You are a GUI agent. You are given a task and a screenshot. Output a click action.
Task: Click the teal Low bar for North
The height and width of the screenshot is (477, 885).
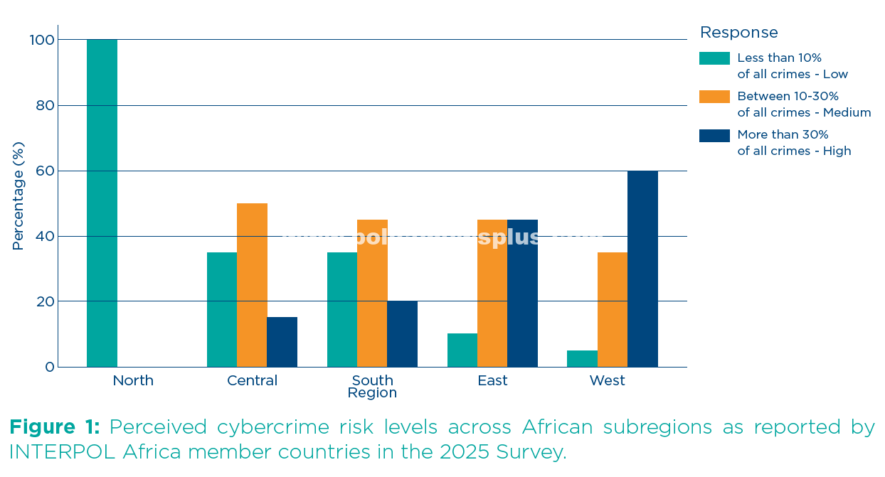pos(102,203)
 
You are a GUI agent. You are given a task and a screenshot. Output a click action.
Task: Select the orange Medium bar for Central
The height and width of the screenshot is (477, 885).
pos(252,285)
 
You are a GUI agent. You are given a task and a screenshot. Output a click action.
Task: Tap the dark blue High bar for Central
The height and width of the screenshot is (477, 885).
pos(282,342)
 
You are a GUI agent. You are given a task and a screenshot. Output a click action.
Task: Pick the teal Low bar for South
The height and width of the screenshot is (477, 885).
pos(342,309)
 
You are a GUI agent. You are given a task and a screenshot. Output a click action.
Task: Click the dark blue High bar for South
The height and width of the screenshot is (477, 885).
pos(402,334)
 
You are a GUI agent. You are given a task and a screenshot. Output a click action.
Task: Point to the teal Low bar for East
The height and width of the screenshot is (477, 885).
pos(462,350)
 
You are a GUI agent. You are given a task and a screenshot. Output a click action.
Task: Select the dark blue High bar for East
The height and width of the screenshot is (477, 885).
pos(522,293)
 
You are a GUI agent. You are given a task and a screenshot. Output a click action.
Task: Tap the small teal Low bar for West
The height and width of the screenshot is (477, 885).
pos(582,359)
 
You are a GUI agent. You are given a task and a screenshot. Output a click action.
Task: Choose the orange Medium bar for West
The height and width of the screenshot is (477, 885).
pos(613,309)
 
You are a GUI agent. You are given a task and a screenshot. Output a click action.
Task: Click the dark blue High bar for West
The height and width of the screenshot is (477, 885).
pos(642,269)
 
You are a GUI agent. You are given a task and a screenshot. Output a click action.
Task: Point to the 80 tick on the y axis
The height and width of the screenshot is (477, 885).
pos(45,105)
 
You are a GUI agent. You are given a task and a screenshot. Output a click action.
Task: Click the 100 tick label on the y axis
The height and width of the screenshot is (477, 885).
pos(41,40)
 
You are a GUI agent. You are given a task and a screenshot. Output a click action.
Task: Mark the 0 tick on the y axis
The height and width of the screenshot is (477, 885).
pos(49,367)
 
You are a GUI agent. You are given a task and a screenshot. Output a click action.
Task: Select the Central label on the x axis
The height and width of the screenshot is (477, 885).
pos(252,381)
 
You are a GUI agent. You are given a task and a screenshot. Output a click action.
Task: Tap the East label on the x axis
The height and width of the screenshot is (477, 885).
pos(492,381)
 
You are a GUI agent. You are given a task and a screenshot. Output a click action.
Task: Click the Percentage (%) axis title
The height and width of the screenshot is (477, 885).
pos(18,196)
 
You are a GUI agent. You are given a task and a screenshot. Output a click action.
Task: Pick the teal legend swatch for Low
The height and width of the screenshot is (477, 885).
pos(714,58)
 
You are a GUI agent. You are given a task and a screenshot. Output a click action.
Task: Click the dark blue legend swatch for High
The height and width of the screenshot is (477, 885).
pos(714,135)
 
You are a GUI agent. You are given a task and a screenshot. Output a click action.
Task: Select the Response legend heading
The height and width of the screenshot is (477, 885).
pos(738,33)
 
